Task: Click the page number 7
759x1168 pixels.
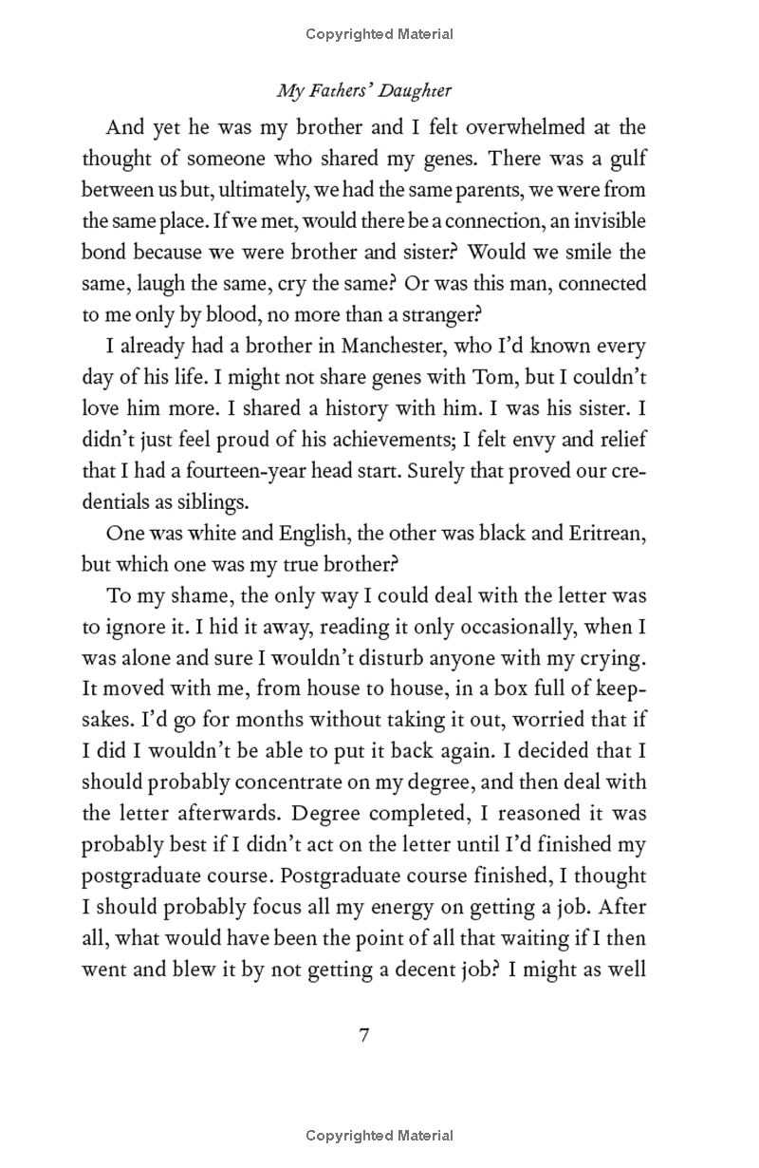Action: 363,1034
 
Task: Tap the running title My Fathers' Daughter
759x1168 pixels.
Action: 363,91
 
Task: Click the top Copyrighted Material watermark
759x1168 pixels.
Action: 379,34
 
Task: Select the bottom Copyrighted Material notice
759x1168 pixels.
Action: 379,1135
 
